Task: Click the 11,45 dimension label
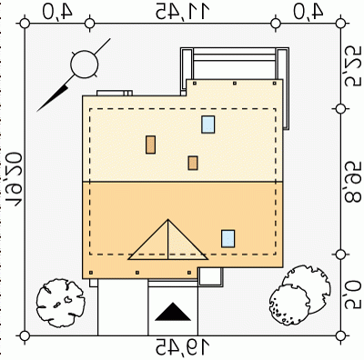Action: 183,11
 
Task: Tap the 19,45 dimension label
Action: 183,347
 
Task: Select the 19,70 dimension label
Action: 14,180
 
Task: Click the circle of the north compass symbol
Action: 85,64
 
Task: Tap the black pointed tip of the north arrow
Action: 37,111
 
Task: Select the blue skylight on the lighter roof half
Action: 208,125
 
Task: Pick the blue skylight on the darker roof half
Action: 227,238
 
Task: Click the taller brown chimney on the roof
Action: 150,145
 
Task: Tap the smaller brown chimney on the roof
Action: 193,163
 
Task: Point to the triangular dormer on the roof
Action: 167,240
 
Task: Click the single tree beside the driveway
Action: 60,303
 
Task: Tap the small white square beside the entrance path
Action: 209,276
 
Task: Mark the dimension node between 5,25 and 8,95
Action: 340,109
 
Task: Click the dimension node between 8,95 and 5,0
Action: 340,255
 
